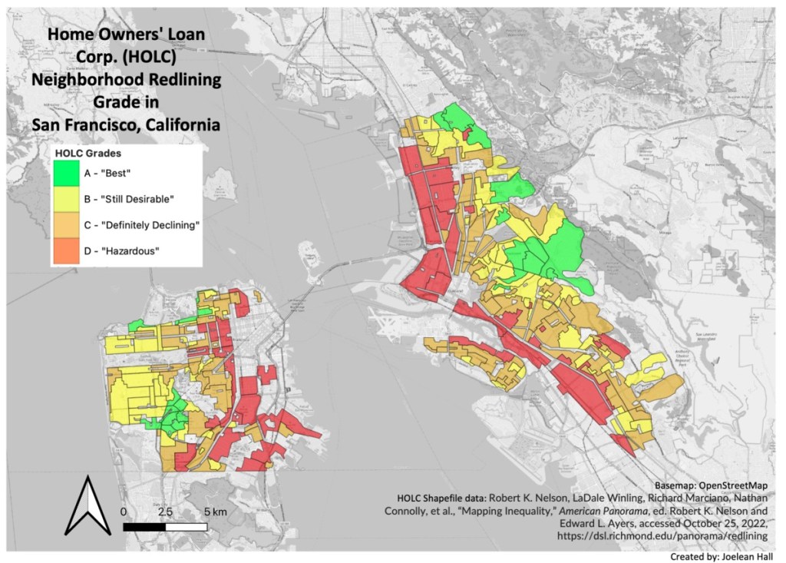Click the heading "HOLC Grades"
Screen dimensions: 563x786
click(88, 154)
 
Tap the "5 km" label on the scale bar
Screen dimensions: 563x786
click(216, 512)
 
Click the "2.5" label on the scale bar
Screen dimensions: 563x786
click(165, 512)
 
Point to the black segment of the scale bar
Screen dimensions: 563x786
click(144, 527)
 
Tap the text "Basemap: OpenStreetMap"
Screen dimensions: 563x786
click(712, 486)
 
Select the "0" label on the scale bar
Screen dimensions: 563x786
click(124, 512)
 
